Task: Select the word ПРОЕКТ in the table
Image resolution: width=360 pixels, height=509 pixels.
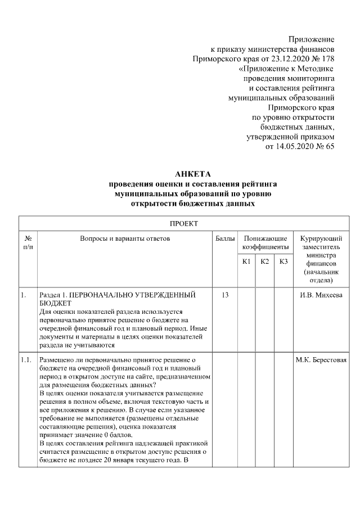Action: (184, 223)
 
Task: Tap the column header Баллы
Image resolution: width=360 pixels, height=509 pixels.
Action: (225, 239)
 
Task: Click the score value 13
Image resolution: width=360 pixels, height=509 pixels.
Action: (225, 295)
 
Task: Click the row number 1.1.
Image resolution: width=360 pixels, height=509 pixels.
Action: (25, 361)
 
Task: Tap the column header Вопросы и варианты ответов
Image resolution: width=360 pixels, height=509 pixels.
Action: (125, 239)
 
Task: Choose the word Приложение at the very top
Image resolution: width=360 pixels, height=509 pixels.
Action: (311, 39)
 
